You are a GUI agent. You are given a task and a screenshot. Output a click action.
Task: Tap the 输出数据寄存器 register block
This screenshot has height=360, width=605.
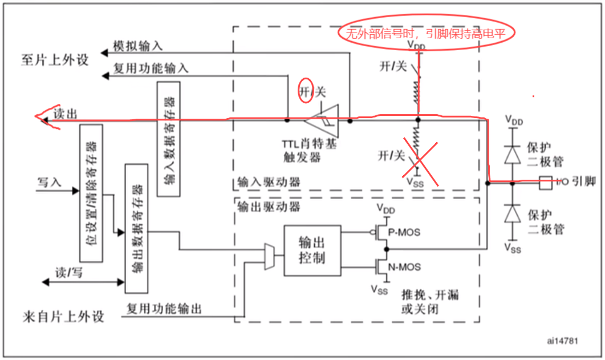point(136,228)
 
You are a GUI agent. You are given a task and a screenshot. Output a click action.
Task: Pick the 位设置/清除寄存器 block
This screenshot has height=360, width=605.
point(92,193)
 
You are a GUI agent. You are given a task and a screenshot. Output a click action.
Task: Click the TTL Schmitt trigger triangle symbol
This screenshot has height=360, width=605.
point(323,120)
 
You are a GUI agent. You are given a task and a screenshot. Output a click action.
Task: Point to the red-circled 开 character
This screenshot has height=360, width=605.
point(306,91)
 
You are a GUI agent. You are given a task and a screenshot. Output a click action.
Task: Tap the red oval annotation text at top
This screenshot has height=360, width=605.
point(427,33)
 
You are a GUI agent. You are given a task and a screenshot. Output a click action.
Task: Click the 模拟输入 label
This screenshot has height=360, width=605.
point(137,46)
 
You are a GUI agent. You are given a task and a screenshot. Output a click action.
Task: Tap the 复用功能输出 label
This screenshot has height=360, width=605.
point(164,308)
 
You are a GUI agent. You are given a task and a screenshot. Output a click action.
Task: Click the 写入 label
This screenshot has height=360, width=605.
point(50,184)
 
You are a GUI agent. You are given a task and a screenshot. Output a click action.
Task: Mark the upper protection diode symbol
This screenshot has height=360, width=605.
point(512,154)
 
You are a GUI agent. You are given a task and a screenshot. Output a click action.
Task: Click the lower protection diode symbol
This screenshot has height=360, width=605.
point(512,213)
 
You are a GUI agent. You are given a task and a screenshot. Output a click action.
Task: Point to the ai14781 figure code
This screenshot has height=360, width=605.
point(562,341)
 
